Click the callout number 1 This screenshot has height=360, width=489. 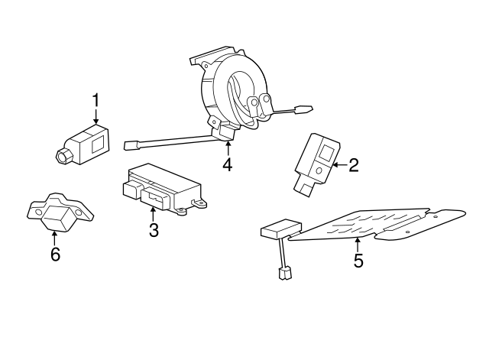[96, 101]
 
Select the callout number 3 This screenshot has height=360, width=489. [154, 230]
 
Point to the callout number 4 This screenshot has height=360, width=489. [227, 164]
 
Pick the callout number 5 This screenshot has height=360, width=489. [358, 260]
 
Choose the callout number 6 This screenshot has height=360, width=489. [54, 255]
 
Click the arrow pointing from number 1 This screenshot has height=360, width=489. [96, 117]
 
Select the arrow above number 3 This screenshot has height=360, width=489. [154, 213]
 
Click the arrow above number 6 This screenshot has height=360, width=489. [54, 238]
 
